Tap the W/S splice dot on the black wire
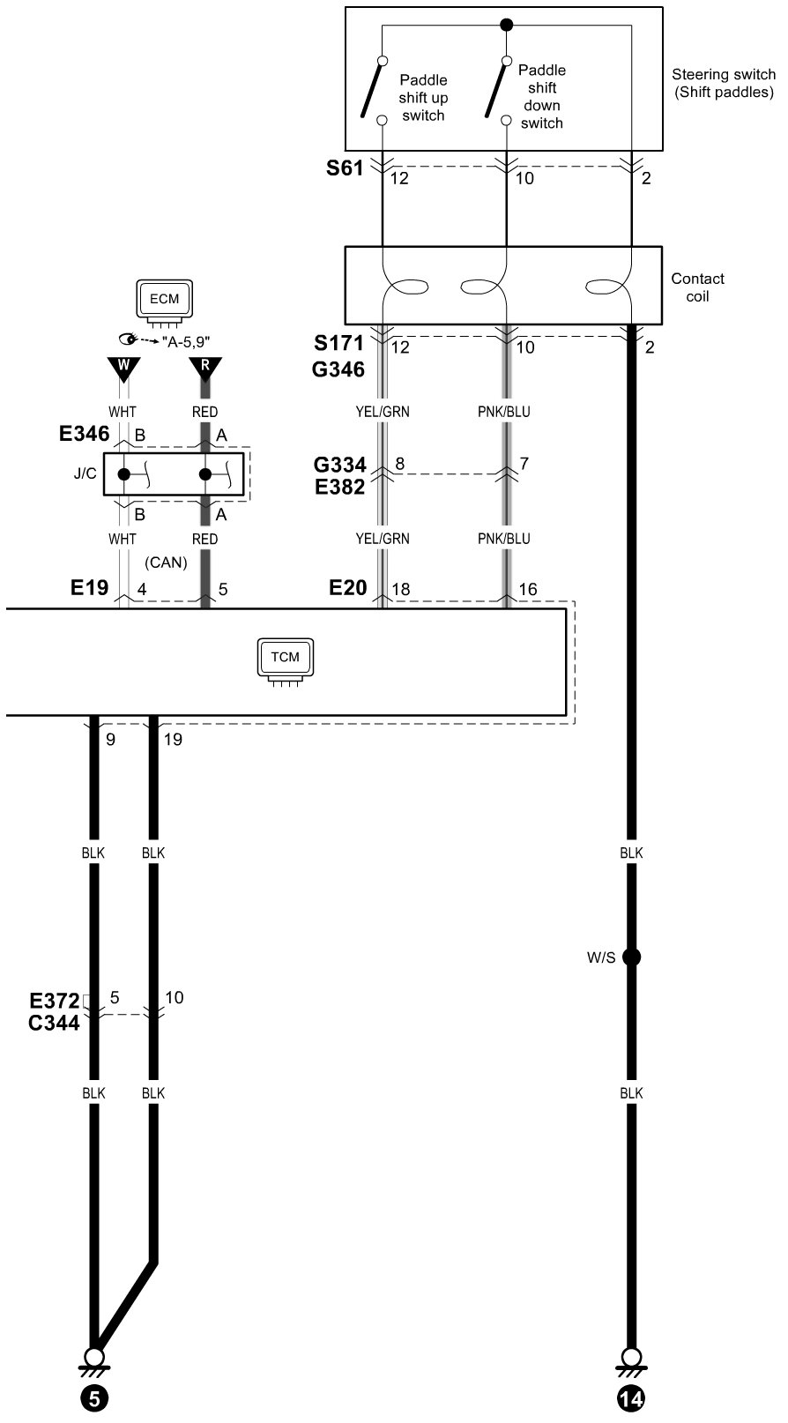click(631, 957)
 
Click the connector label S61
click(345, 168)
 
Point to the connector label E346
click(85, 433)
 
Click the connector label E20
click(348, 587)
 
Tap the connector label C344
click(55, 1023)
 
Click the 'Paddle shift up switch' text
click(423, 98)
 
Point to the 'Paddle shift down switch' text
click(541, 96)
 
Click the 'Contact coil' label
click(697, 287)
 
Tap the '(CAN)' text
click(166, 562)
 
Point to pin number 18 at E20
click(401, 590)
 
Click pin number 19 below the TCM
click(173, 740)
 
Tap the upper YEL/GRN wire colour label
click(383, 412)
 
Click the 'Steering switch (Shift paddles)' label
click(723, 84)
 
